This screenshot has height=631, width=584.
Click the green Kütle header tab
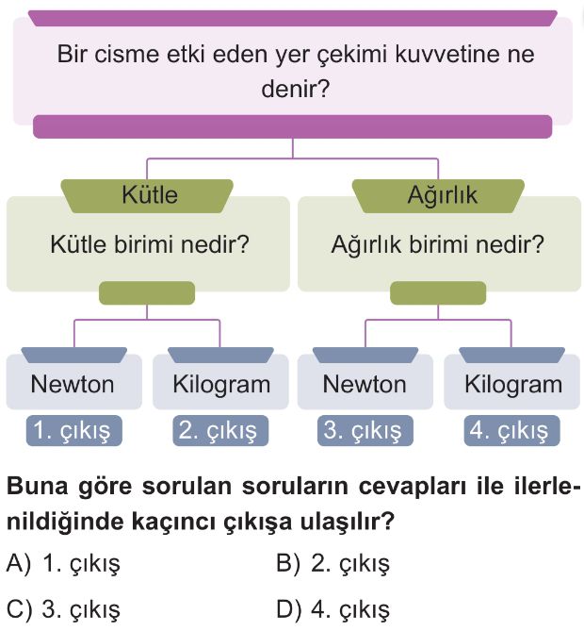(147, 195)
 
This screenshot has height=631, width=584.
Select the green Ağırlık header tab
(438, 195)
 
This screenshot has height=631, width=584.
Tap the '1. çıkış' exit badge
(74, 431)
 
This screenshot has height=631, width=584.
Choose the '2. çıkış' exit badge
(220, 431)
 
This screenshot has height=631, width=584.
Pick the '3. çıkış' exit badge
(365, 431)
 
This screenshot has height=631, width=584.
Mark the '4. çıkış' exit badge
(511, 431)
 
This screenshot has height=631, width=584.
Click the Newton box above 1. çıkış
(74, 381)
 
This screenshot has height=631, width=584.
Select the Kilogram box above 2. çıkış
(220, 381)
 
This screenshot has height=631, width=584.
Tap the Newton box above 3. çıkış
(365, 381)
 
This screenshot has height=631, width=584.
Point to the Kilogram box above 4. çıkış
(512, 381)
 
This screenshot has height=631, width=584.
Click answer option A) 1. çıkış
(63, 563)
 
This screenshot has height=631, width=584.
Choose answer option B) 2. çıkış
(333, 563)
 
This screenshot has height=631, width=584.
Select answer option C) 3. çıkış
(63, 609)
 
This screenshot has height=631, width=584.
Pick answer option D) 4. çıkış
(333, 609)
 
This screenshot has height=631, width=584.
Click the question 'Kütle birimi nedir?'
(150, 244)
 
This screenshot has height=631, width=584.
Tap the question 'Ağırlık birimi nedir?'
(438, 244)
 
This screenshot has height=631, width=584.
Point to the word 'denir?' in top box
(296, 89)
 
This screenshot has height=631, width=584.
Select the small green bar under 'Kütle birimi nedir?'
(147, 293)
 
